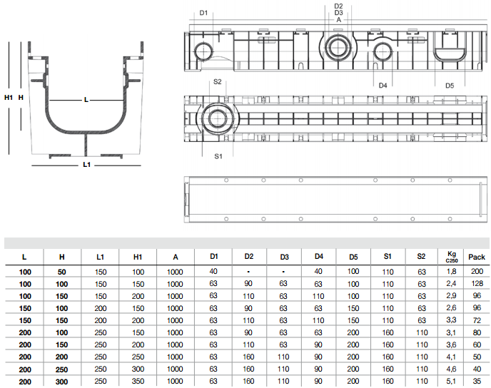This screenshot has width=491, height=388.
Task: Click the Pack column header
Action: [x=477, y=257]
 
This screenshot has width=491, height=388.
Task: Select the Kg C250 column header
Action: [x=452, y=257]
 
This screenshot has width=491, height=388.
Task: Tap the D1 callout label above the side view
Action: [x=203, y=13]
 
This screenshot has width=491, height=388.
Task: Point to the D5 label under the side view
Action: [x=450, y=86]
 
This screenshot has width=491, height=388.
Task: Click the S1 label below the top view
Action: [x=218, y=156]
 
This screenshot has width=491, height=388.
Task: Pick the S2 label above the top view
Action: [x=218, y=82]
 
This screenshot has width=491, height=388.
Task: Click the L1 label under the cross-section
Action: [x=87, y=165]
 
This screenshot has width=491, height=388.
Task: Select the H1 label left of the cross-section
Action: [x=9, y=98]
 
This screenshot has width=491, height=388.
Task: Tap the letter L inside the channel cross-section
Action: [x=86, y=100]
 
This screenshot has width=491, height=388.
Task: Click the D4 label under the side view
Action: [x=383, y=86]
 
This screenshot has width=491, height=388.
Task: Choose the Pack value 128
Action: [x=477, y=283]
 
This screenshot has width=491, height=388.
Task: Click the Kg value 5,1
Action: [x=451, y=381]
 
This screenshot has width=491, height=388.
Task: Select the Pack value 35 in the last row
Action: [x=477, y=381]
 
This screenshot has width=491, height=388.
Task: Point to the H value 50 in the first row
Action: [x=61, y=272]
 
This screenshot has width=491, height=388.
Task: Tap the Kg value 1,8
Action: [x=451, y=271]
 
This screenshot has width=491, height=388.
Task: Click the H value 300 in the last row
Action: [x=61, y=382]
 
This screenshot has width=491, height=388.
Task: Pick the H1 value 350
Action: [x=138, y=381]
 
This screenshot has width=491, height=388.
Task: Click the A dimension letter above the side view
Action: [x=338, y=20]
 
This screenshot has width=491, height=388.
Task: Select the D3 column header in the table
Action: [x=284, y=257]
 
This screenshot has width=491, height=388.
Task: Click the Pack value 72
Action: [x=477, y=320]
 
